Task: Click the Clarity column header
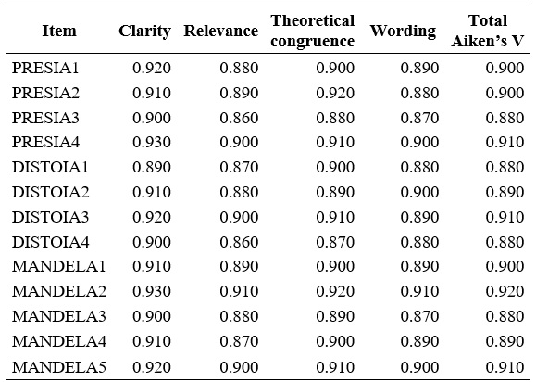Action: [x=144, y=31]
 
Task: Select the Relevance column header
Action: [x=220, y=31]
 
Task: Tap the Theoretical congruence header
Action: [x=312, y=31]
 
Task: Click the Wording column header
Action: [x=403, y=31]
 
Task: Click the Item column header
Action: [x=59, y=31]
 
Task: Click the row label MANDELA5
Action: [x=58, y=368]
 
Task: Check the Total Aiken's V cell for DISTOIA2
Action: [x=505, y=191]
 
